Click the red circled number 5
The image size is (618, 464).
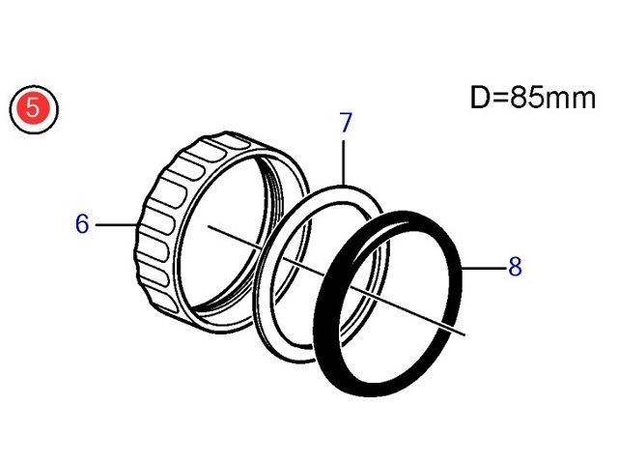click(x=34, y=109)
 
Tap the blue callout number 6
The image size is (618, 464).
click(x=82, y=223)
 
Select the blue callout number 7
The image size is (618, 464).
click(x=346, y=123)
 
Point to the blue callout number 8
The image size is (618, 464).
click(x=515, y=267)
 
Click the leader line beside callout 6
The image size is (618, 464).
click(x=116, y=225)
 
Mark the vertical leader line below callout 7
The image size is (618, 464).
click(x=344, y=162)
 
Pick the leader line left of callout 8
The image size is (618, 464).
click(x=483, y=268)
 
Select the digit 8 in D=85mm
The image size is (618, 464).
click(x=520, y=98)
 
